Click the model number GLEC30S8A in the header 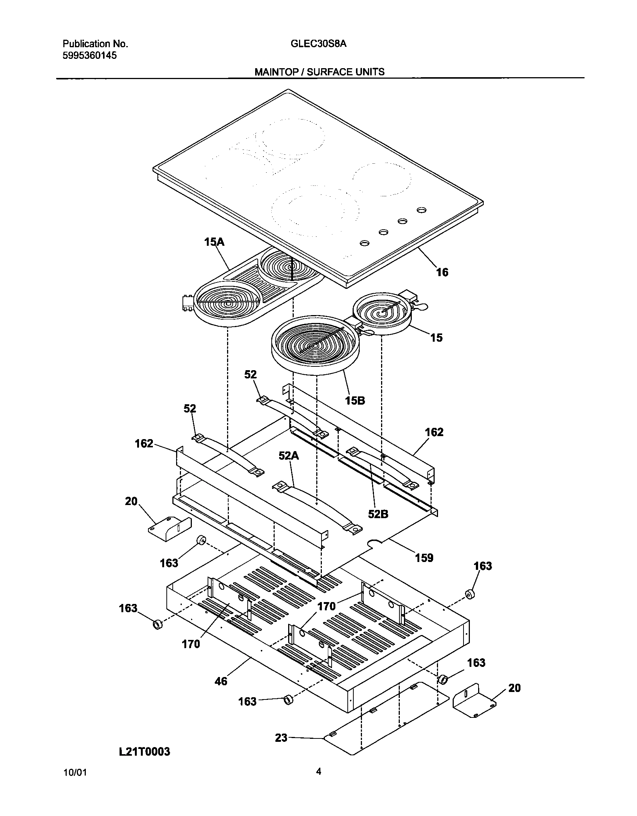(x=318, y=44)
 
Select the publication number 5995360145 (x=90, y=56)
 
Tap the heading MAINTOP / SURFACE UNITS (x=319, y=72)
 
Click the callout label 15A (x=214, y=242)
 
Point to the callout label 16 (x=442, y=272)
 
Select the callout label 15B (x=355, y=401)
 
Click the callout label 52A (x=289, y=456)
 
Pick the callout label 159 (x=424, y=558)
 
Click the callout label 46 (x=221, y=681)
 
